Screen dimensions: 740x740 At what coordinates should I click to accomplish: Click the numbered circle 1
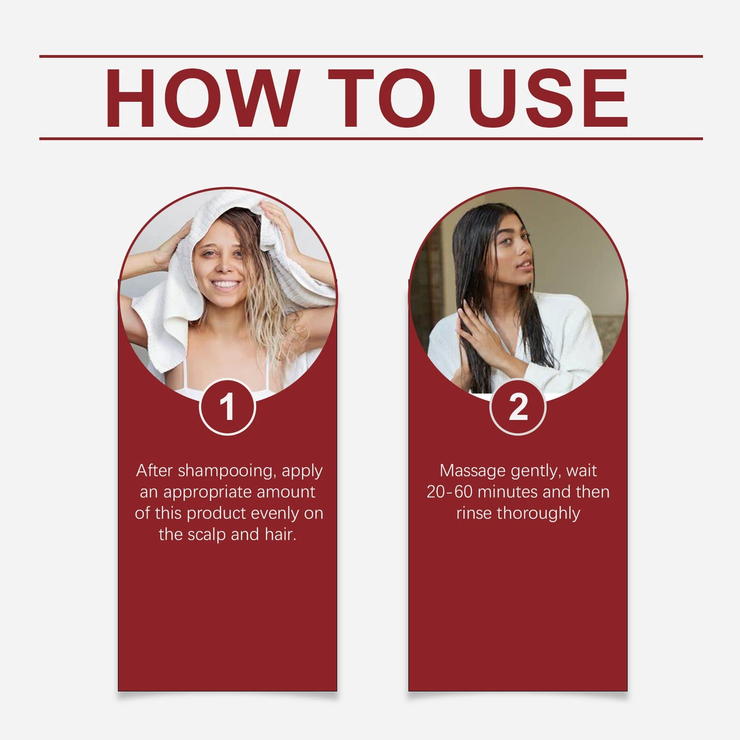click(x=227, y=407)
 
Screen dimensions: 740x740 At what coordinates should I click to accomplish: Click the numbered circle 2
click(x=518, y=407)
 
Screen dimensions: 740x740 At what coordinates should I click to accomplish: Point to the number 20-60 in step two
click(x=449, y=492)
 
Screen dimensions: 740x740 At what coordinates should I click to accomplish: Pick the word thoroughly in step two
click(x=538, y=513)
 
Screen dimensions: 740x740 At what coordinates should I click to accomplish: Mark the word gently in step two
click(x=536, y=471)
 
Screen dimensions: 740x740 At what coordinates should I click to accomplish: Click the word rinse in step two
click(x=474, y=513)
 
